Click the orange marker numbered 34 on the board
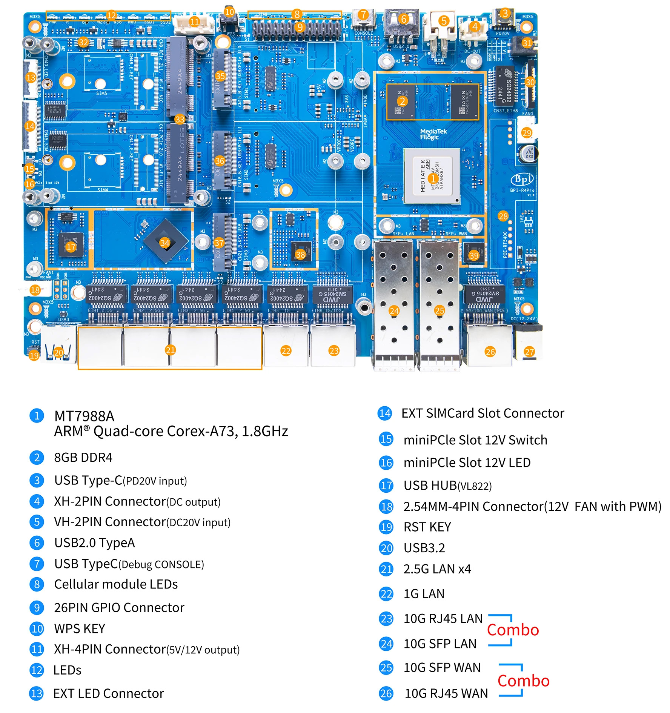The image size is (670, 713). (164, 243)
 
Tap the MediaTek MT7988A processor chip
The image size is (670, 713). (432, 177)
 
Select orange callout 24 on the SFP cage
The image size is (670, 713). (394, 310)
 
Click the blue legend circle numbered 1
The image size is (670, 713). (37, 416)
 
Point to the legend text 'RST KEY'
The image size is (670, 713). (427, 527)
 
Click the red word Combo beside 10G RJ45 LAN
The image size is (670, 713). (513, 630)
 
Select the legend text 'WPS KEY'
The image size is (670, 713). (80, 628)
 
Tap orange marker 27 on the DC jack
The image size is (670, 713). (529, 352)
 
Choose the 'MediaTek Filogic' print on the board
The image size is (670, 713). (433, 134)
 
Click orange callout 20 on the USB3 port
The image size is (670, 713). (58, 352)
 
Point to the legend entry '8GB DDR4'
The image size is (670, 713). (83, 457)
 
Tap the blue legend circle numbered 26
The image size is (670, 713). (386, 693)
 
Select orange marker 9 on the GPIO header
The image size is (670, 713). (299, 27)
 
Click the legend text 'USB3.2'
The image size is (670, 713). (424, 548)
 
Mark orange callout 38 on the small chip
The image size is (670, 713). (300, 255)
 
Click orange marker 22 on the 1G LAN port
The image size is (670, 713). (286, 351)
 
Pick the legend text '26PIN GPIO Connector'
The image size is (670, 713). (119, 607)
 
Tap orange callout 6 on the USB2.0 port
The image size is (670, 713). (404, 19)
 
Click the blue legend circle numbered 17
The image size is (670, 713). (386, 485)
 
